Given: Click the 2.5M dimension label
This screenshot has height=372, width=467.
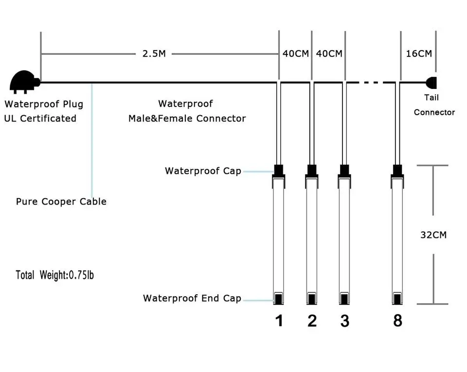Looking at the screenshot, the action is click(x=154, y=53).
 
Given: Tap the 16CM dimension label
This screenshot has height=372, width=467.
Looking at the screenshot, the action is click(x=419, y=53).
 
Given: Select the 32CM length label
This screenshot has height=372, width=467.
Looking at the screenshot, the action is click(x=433, y=235).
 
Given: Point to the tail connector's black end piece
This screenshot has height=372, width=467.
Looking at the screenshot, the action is click(x=431, y=83).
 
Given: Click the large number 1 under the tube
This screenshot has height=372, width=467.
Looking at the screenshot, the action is click(x=279, y=321).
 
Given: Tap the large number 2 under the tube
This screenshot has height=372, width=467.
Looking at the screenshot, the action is click(x=312, y=321).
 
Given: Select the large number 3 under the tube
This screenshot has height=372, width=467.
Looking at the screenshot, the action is click(x=345, y=321).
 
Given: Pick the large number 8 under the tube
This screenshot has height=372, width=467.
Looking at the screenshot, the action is click(x=397, y=321).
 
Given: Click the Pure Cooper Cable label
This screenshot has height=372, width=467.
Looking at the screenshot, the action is click(x=61, y=202).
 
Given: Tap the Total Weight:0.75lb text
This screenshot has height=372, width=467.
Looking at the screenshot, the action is click(x=55, y=275).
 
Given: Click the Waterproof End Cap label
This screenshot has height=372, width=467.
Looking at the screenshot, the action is click(x=192, y=298).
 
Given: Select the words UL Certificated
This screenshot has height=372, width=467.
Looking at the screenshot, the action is click(x=40, y=118).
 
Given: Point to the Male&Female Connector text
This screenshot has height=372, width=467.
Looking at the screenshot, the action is click(x=187, y=118).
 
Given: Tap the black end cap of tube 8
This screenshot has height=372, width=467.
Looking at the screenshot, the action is click(x=397, y=299).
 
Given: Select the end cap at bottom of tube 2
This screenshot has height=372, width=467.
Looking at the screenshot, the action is click(x=312, y=299).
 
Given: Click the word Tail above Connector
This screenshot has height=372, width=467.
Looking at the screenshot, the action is click(x=431, y=98).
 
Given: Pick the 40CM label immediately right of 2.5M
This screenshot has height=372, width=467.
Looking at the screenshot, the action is click(x=295, y=53).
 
